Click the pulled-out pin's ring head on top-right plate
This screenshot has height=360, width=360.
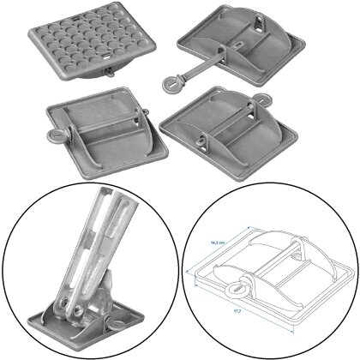pyautogui.click(x=176, y=84)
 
